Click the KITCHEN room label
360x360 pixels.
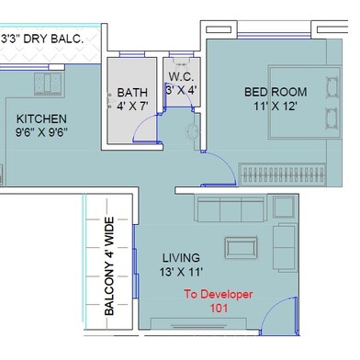coord(41,118)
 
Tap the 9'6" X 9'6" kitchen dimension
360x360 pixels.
coord(41,133)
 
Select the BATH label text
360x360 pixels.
coord(132,93)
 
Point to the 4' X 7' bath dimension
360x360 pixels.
coord(132,107)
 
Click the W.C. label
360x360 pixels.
coord(181,76)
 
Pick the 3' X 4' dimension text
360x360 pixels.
coord(181,90)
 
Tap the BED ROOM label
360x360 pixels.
coord(276,92)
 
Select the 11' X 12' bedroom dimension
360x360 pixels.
coord(276,107)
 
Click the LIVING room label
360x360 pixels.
coord(181,258)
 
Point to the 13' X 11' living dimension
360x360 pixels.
coord(181,272)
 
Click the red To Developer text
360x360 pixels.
coord(219,295)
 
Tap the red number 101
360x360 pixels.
coord(219,308)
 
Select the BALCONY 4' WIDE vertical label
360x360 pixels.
coord(109,266)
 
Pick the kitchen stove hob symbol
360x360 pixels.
coord(48,84)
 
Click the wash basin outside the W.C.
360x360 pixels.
coord(193,131)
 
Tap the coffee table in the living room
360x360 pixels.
coord(241,247)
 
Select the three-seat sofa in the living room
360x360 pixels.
coord(231,209)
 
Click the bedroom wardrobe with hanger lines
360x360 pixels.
coord(283,175)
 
